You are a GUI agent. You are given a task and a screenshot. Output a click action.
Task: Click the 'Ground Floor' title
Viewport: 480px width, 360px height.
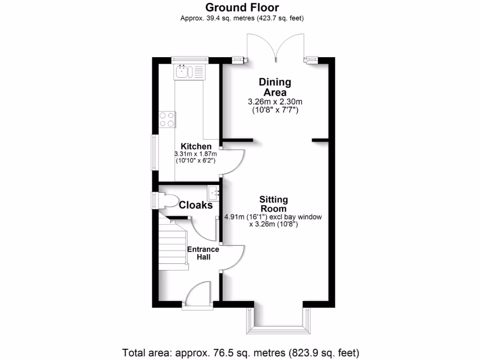pos(242,7)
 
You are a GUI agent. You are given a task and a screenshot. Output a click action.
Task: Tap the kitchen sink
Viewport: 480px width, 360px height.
pos(190,72)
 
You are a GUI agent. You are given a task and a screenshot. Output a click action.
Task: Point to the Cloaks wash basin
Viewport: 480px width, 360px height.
pos(214,193)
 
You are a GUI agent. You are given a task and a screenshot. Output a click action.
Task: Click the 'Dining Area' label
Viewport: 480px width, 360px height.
pos(275,87)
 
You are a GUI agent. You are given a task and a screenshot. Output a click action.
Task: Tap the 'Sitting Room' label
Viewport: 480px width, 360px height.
pos(274,204)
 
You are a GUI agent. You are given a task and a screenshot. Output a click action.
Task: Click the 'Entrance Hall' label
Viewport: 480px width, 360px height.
pos(203,253)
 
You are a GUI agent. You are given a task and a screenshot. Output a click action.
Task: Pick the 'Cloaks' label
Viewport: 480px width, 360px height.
pos(196,205)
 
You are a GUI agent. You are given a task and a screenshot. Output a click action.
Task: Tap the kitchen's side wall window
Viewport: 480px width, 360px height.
pos(154,153)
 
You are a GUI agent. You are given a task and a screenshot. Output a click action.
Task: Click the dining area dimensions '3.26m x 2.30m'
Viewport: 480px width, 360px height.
pos(275,102)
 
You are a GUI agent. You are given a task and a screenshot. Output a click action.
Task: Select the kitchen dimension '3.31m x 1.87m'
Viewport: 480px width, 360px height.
pos(196,154)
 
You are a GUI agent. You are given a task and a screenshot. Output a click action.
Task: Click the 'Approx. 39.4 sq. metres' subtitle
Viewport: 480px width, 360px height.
pos(242,18)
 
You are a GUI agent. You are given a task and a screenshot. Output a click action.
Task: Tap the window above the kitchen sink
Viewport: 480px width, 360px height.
pos(189,60)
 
